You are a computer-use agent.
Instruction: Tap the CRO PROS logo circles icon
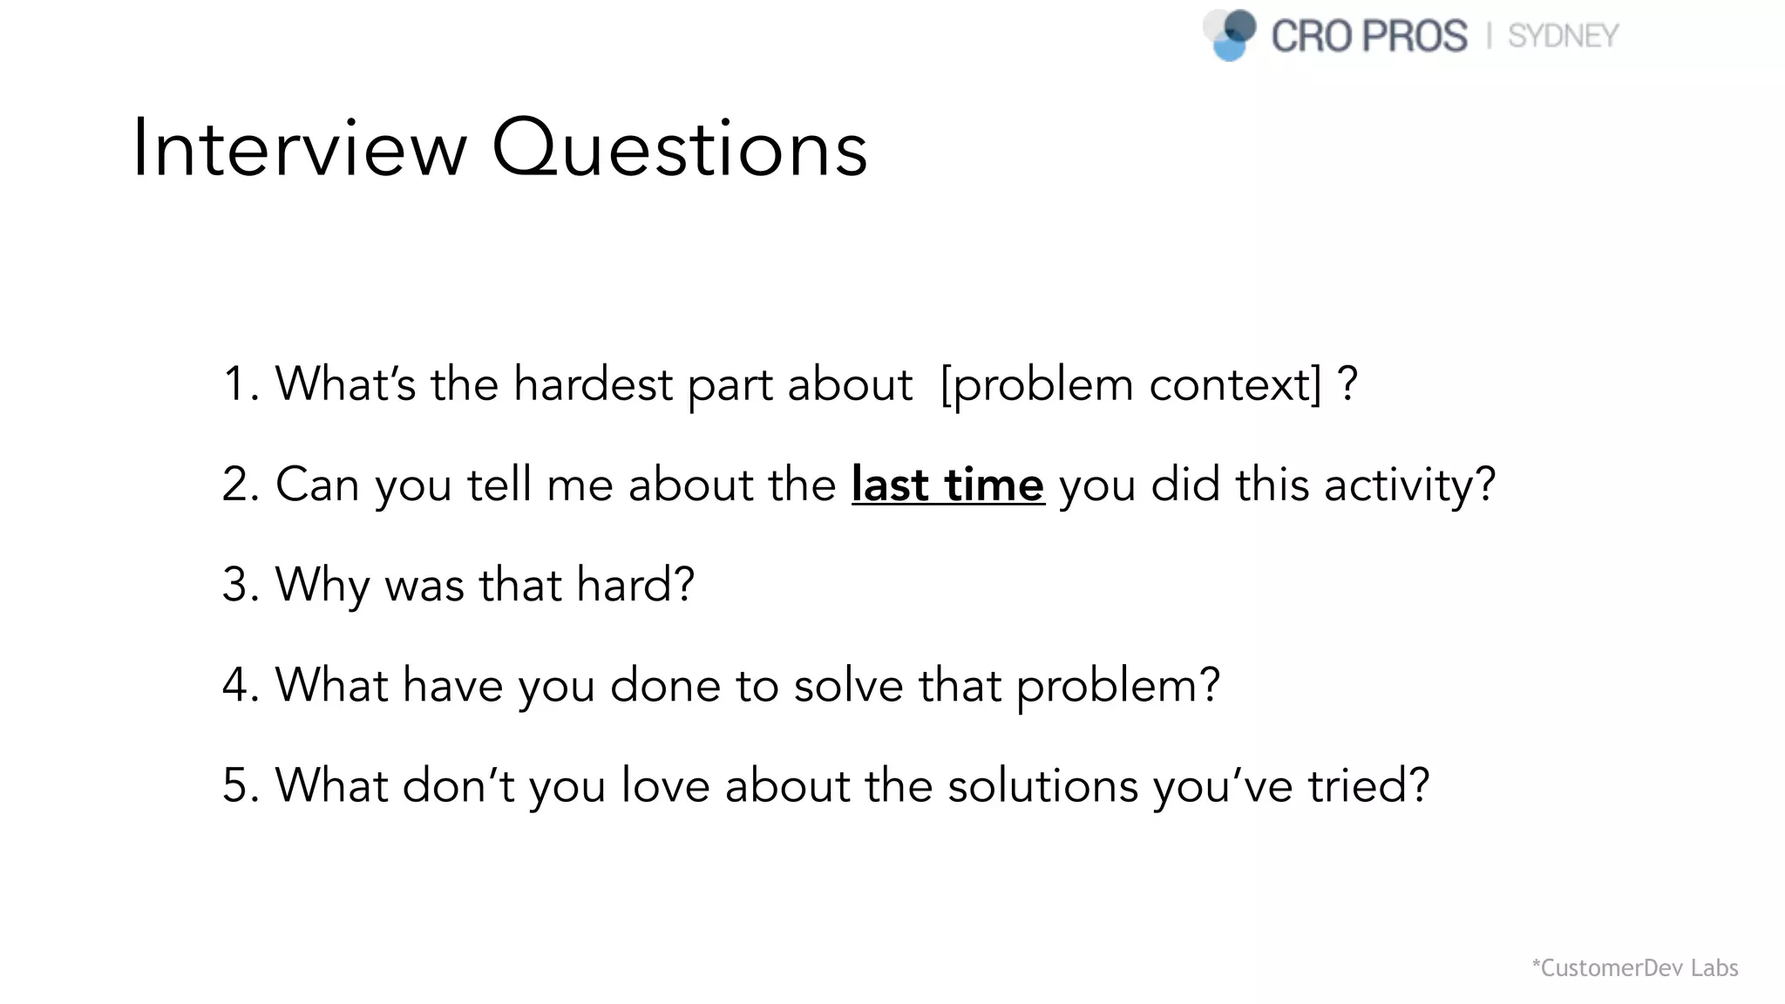click(x=1230, y=35)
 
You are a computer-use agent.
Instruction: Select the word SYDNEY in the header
click(x=1563, y=37)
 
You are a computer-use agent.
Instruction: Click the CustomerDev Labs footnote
click(x=1635, y=967)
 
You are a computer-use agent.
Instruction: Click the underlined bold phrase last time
click(x=947, y=485)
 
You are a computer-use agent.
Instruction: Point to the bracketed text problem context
click(x=1131, y=384)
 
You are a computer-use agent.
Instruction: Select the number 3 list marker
click(x=236, y=585)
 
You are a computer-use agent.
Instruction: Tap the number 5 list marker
click(x=236, y=785)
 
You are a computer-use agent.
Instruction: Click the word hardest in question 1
click(x=593, y=384)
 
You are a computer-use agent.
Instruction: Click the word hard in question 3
click(x=635, y=585)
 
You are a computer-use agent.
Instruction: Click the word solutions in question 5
click(x=1042, y=785)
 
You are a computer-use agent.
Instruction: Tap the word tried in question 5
click(x=1368, y=785)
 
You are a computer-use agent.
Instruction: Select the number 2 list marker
click(x=236, y=485)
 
